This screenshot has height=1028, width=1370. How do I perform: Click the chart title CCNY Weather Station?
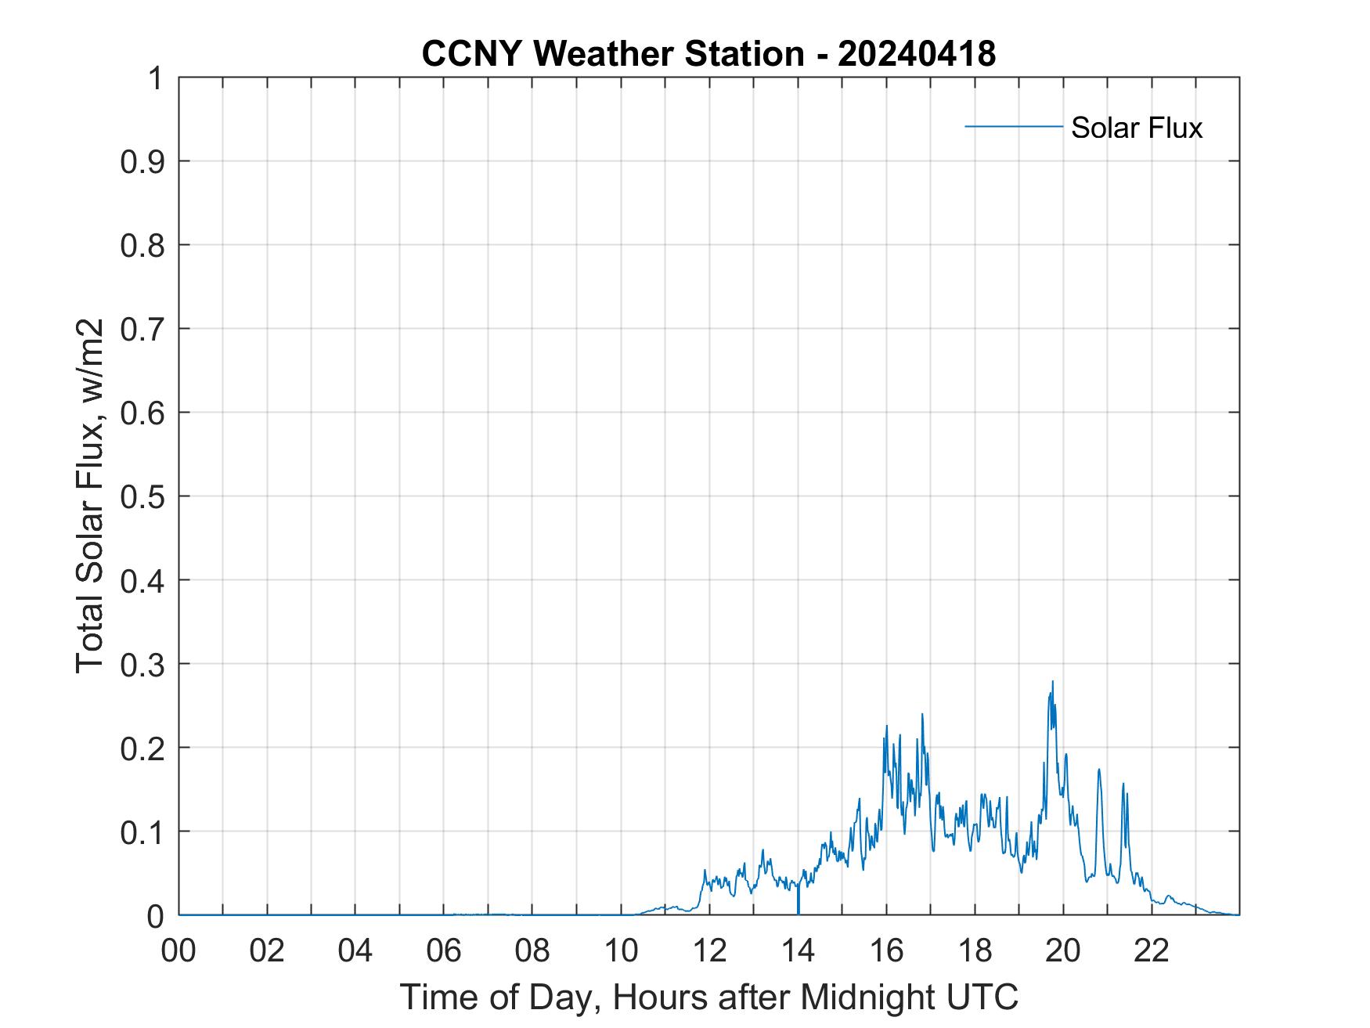612,54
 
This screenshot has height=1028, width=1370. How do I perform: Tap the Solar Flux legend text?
1136,128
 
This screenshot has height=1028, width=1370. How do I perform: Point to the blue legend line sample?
1013,126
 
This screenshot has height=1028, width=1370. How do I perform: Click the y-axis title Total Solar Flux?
90,496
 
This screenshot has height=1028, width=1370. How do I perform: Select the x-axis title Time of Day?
708,997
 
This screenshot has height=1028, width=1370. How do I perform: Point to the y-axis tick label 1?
156,78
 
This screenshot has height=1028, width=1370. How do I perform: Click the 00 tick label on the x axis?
178,951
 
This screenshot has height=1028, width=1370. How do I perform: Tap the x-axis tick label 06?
444,951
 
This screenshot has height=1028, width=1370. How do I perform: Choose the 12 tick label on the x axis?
709,951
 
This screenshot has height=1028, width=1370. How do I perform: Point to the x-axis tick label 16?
886,951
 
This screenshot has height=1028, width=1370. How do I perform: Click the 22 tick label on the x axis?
1152,951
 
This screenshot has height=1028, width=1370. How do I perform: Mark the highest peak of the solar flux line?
1052,682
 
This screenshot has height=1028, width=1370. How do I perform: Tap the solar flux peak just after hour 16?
886,727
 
